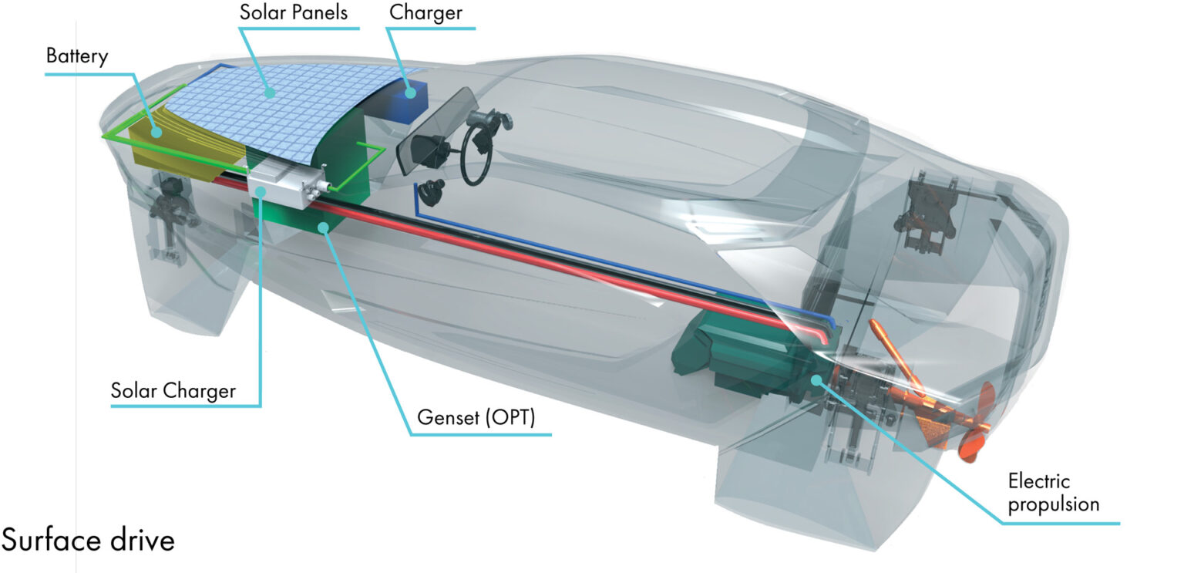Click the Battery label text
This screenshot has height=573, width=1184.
point(77,56)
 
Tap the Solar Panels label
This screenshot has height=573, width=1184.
point(294,12)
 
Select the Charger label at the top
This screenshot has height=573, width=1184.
point(425,12)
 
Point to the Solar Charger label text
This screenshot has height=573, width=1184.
point(173,391)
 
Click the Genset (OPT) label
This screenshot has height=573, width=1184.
point(476,417)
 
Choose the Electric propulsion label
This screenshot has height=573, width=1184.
point(1054,493)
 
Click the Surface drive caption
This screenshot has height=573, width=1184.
point(88,541)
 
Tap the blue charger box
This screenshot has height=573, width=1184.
point(408,102)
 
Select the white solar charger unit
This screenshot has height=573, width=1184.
point(285,185)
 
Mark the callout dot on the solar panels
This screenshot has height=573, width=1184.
point(270,93)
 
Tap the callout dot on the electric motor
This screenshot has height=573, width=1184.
point(816,379)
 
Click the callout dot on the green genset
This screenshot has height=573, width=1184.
point(323,228)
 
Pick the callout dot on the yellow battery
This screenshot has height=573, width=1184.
point(156,132)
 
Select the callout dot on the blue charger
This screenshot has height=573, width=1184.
point(410,93)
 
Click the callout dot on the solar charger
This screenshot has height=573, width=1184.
point(260,190)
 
